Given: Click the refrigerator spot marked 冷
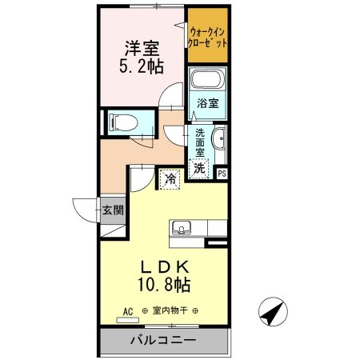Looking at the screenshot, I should pos(170,179).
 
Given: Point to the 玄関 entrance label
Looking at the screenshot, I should pos(112,211).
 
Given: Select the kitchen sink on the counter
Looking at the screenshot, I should pos(182,228).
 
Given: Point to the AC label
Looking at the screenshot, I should pos(127,310).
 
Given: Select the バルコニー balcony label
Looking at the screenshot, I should pos(164,340).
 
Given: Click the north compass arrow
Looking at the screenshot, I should pos(272,311).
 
